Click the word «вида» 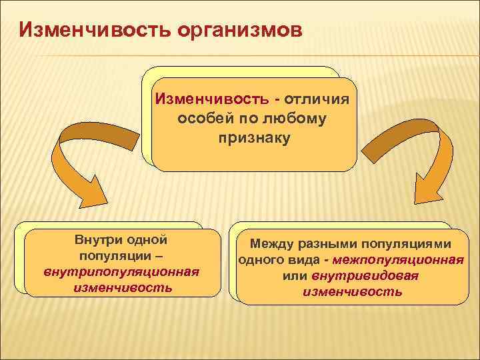click(x=301, y=260)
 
